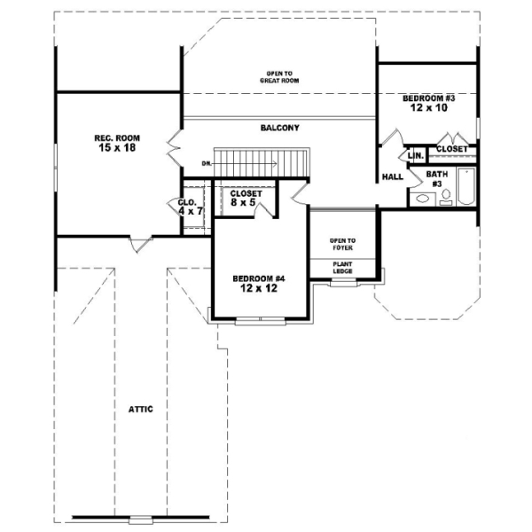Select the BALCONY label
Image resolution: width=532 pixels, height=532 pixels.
tap(279, 129)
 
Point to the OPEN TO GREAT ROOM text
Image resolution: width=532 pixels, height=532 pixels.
tap(279, 76)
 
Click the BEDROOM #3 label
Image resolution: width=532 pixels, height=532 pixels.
tap(428, 98)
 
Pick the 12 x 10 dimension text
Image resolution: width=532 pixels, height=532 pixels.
tap(428, 107)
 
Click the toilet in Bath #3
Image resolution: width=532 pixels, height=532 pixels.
tap(446, 197)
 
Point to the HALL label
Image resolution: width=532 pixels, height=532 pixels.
tap(393, 176)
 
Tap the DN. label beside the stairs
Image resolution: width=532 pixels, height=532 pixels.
tap(206, 163)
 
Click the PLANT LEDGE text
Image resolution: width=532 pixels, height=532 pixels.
tap(342, 267)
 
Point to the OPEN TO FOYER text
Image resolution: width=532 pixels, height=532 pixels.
tap(342, 243)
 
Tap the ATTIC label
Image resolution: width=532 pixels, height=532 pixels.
tap(141, 409)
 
